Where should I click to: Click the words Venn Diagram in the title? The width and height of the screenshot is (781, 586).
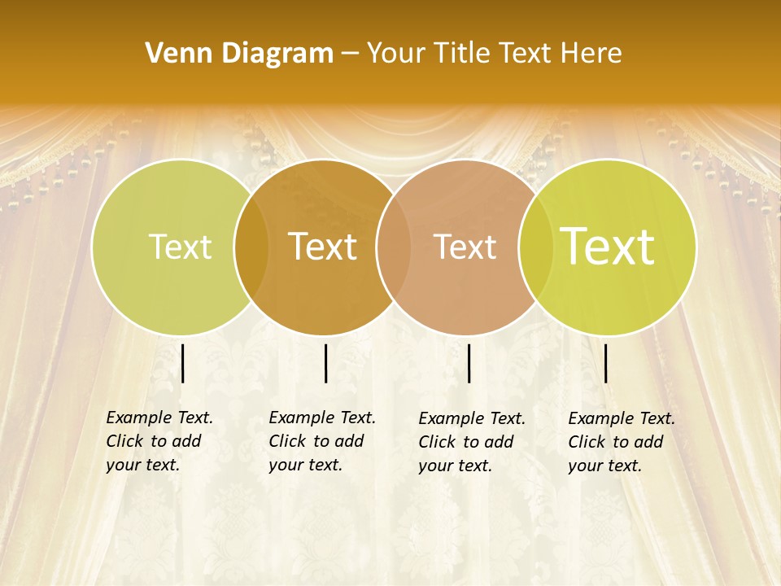coord(239,54)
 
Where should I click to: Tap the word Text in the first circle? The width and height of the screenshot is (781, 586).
coord(180,247)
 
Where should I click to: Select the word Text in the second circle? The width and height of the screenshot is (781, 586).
coord(323,247)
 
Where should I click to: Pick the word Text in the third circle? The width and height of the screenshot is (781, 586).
coord(465,247)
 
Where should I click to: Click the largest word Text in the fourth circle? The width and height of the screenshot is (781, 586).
coord(608,247)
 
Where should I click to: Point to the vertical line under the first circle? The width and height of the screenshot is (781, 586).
coord(183,363)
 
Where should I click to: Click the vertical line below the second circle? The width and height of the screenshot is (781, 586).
coord(325,363)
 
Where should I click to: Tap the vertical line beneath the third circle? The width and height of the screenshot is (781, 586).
coord(469,363)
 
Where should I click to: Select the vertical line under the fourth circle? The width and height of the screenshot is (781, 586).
coord(606,363)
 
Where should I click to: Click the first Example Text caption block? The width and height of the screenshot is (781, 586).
coord(159,441)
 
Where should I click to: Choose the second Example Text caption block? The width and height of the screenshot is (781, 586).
coord(322,441)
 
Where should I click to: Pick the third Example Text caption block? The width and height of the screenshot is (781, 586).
coord(472,442)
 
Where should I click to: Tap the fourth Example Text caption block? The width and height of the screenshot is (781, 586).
coord(622,442)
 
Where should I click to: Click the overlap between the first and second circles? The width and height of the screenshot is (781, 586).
coord(251,247)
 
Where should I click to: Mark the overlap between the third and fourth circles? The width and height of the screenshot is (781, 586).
coord(535,247)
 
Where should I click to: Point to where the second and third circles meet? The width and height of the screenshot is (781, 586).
coord(392,247)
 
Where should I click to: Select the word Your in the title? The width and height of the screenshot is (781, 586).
coord(393,54)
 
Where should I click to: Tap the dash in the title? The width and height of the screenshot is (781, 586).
coord(350,54)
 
